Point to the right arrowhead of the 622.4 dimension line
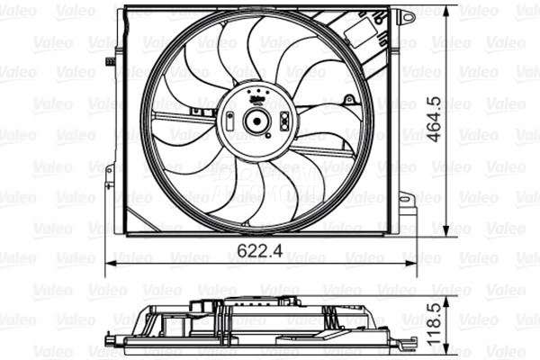pyautogui.click(x=416, y=265)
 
